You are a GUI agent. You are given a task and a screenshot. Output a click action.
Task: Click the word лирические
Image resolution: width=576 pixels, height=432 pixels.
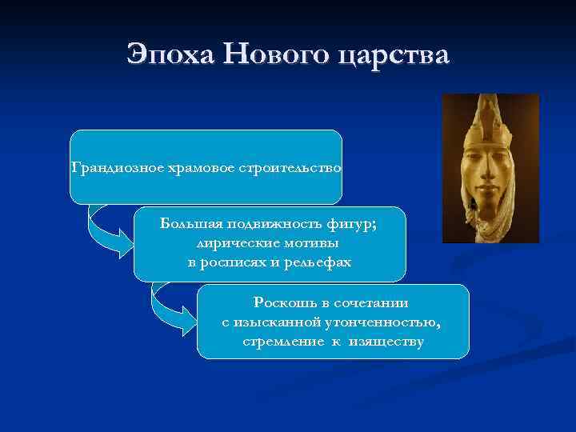pyautogui.click(x=232, y=243)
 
